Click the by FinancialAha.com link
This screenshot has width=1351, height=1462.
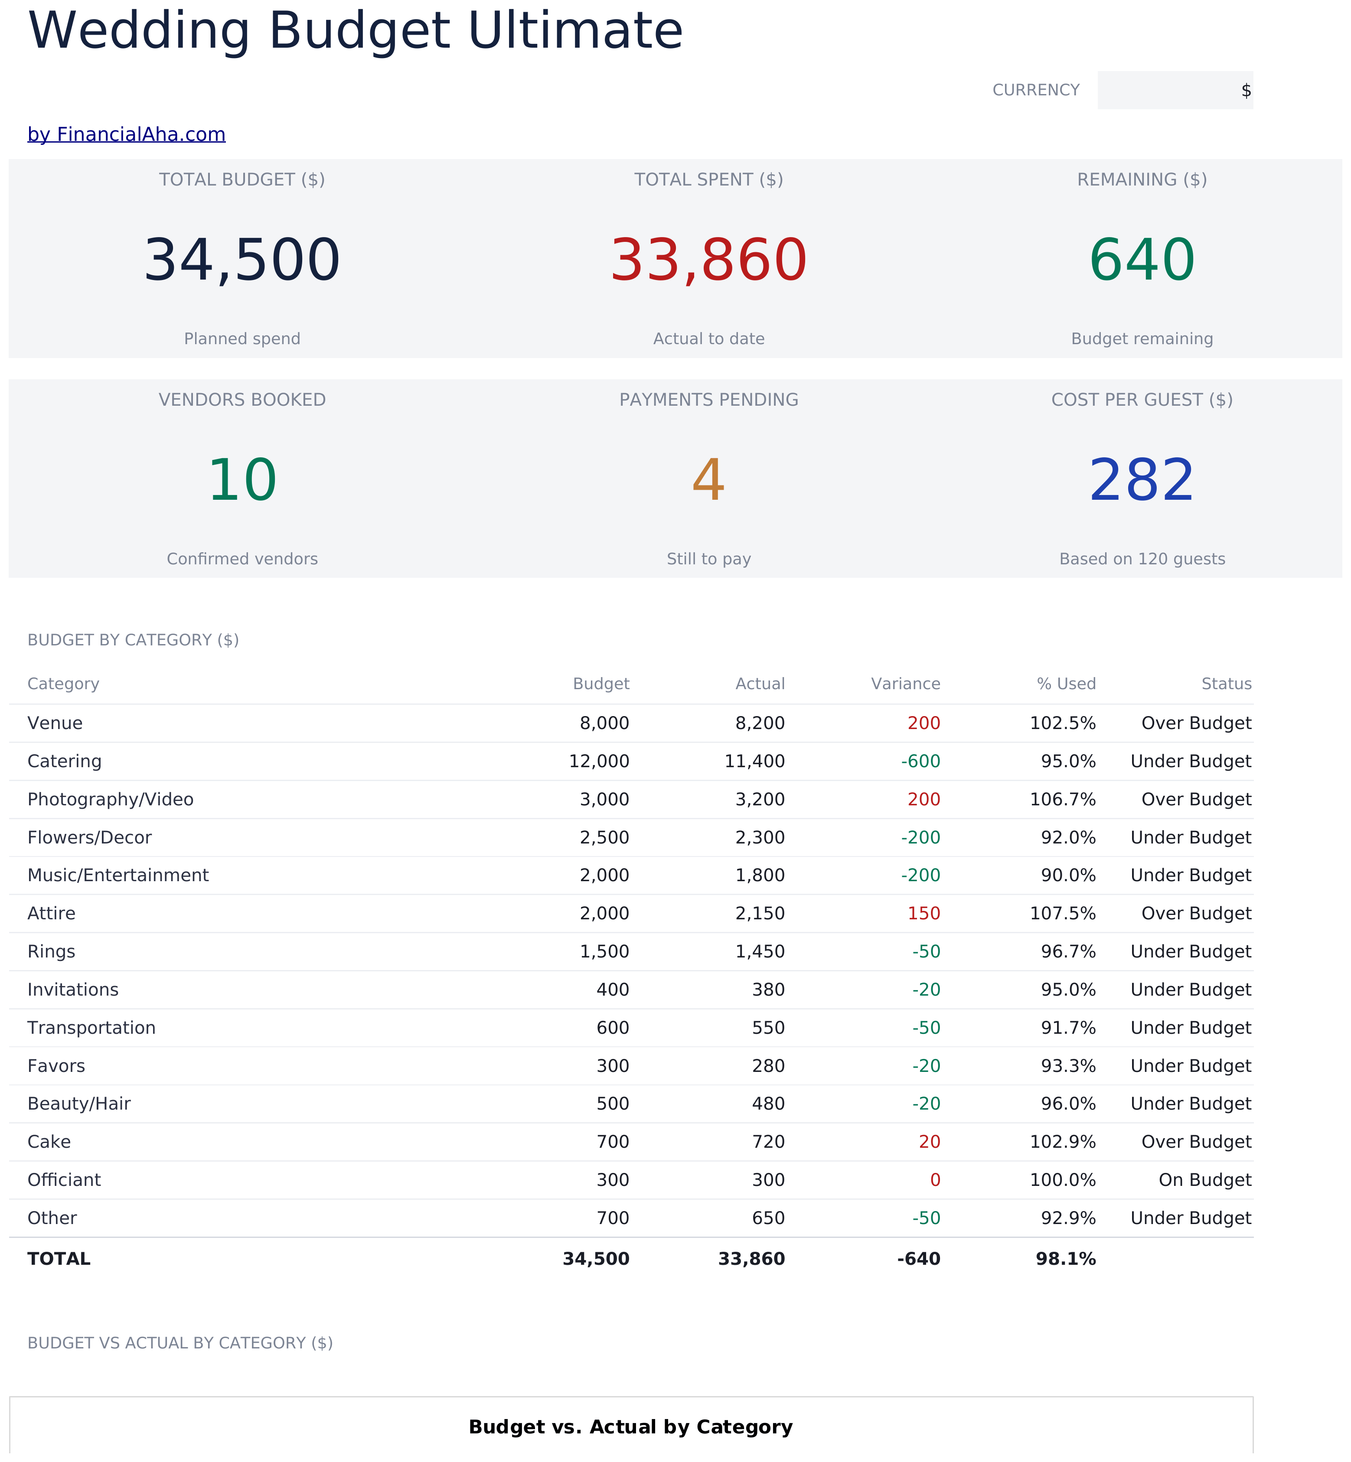(127, 134)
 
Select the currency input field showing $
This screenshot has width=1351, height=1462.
(1175, 90)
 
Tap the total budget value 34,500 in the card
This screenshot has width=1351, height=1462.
(242, 260)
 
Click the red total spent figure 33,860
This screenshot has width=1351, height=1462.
(708, 260)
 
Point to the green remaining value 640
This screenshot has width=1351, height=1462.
(1142, 260)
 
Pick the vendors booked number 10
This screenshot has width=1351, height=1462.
(242, 480)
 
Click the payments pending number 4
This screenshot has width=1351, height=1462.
(708, 480)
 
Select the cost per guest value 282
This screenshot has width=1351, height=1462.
(1142, 480)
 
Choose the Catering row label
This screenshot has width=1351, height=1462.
(64, 762)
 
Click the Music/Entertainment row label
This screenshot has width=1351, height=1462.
(117, 876)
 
